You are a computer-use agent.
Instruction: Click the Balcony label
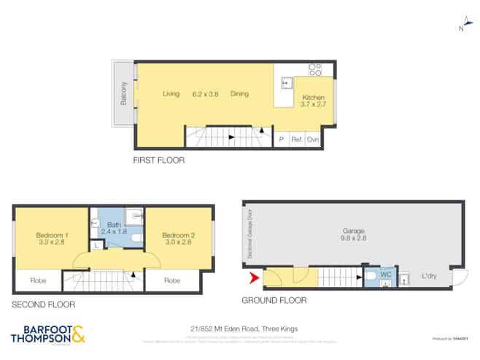(124, 93)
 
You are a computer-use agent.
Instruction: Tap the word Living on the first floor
(171, 93)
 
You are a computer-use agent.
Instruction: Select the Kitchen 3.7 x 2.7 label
(314, 102)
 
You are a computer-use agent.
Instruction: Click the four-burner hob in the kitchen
(315, 70)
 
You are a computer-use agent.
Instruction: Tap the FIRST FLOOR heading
(158, 160)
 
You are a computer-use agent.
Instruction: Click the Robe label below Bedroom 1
(36, 280)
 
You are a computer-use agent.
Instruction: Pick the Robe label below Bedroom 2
(172, 280)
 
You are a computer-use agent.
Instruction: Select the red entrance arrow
(254, 277)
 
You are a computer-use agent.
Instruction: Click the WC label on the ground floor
(386, 274)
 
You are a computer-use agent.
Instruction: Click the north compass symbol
(461, 26)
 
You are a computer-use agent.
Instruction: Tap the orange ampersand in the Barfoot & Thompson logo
(78, 335)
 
